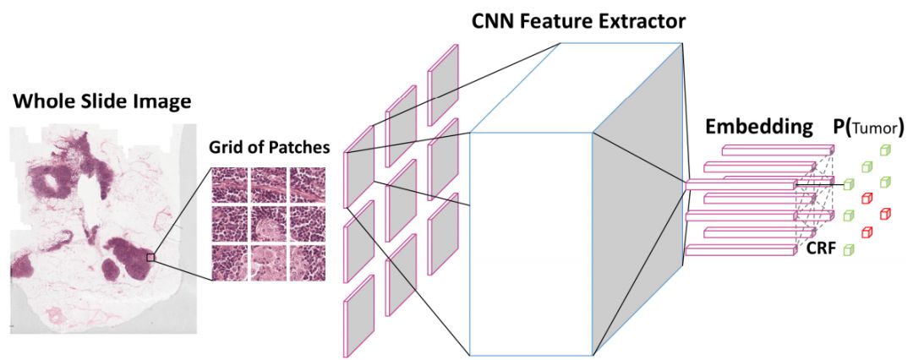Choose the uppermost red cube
coord(867,199)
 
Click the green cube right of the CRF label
coord(847,250)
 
